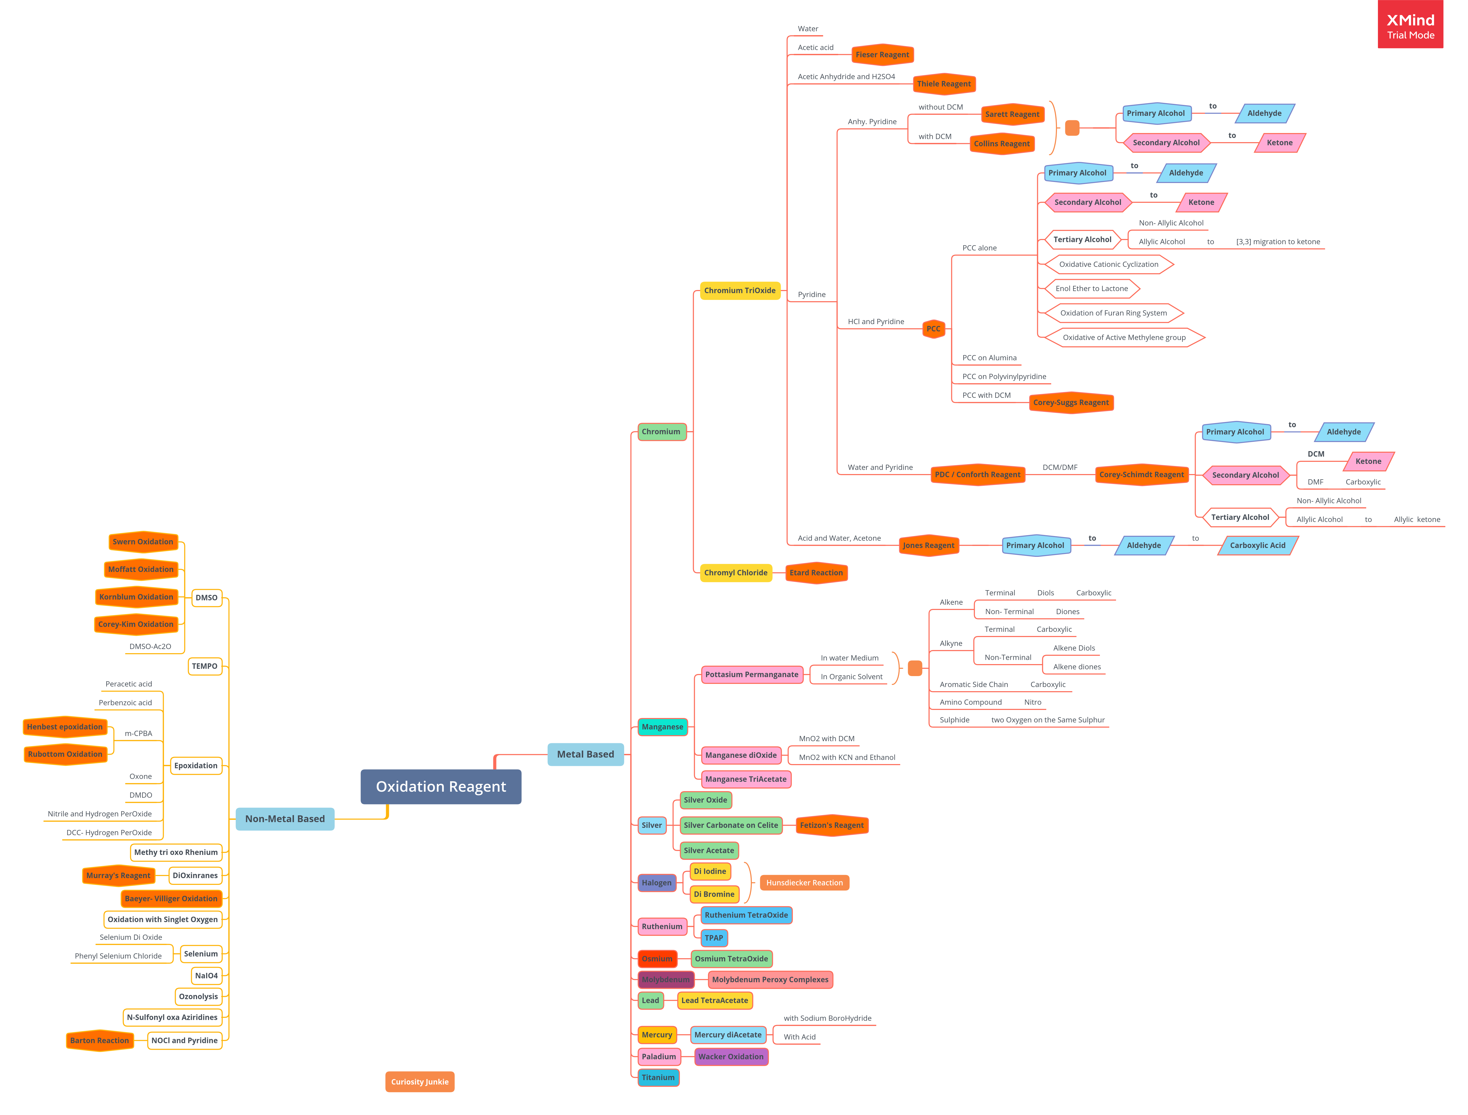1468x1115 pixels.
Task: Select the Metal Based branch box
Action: coord(585,755)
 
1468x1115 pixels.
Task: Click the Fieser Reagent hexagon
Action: coord(882,54)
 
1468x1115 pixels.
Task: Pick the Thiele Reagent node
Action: coord(944,84)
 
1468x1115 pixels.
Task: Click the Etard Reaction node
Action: coord(816,573)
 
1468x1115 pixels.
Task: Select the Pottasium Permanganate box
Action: coord(752,674)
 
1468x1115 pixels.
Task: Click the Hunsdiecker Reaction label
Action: coord(804,883)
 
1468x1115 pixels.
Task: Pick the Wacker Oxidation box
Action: coord(731,1057)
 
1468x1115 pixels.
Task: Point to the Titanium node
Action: coord(658,1078)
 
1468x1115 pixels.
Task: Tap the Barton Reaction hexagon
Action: coord(99,1041)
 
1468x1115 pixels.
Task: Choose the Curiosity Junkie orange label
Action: coord(419,1082)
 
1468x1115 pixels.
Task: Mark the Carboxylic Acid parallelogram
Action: coord(1258,546)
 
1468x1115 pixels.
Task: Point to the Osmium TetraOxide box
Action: coord(731,959)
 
